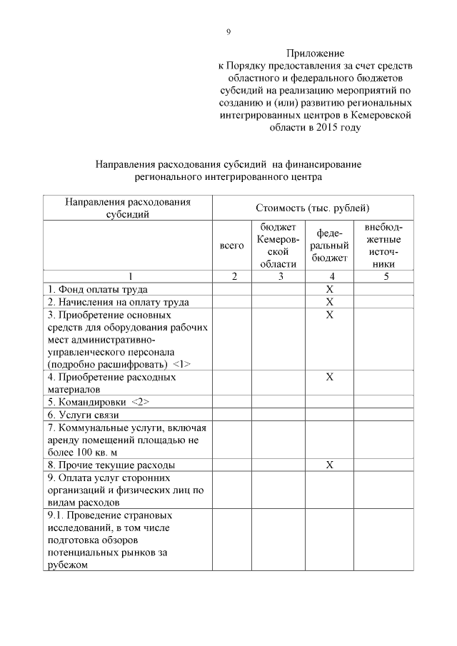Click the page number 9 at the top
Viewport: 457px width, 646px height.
click(228, 31)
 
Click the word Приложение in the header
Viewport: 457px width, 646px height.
click(315, 54)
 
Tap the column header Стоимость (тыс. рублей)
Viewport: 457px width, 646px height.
click(312, 208)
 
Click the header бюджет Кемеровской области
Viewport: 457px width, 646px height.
click(278, 246)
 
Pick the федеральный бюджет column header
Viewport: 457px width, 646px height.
click(329, 246)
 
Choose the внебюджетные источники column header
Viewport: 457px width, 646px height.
click(383, 246)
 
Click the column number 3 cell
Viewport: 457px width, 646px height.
click(278, 277)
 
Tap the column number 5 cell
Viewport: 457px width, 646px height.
click(384, 277)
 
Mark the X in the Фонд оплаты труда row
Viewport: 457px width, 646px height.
click(329, 289)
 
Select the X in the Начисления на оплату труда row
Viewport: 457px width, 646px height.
click(329, 302)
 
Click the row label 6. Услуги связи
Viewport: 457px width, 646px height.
click(83, 415)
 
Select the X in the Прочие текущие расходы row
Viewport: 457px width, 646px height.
click(329, 465)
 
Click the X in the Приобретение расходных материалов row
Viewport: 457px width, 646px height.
click(329, 377)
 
